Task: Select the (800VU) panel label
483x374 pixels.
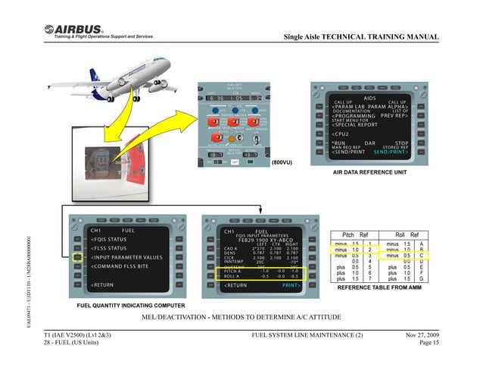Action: click(282, 162)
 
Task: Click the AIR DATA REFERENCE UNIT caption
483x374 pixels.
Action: click(373, 172)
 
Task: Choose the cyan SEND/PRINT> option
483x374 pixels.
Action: click(391, 152)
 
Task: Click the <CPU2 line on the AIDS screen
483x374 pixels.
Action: click(341, 134)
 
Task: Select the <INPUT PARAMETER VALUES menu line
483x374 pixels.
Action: click(127, 257)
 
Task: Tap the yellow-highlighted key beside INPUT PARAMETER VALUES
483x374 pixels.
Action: click(76, 257)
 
